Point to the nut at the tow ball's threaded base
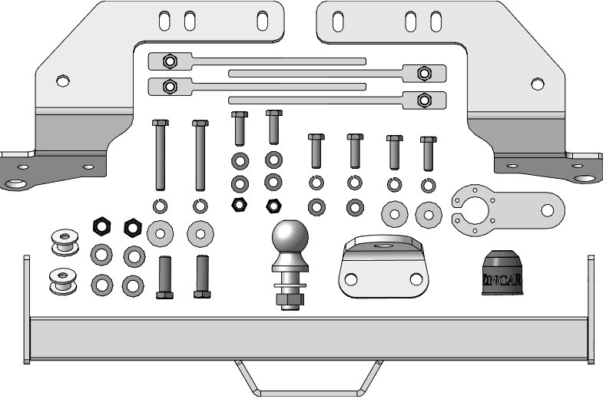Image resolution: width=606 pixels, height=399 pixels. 289,289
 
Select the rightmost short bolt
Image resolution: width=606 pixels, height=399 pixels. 429,153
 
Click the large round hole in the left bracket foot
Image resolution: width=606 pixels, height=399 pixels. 15,184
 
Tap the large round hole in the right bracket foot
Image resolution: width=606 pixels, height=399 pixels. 585,180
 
